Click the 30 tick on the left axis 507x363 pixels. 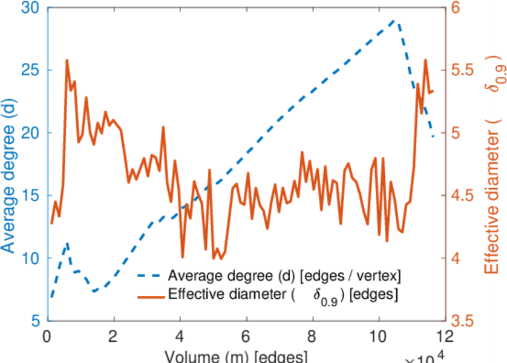coord(31,8)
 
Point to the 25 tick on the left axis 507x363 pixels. coord(31,70)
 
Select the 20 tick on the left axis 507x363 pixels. coord(31,133)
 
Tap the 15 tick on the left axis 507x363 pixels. coord(31,196)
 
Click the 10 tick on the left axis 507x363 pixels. coord(31,258)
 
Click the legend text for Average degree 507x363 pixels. coord(284,276)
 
